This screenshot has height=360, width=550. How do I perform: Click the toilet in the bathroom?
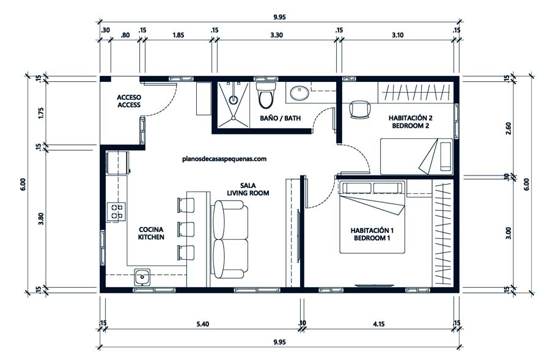tap(266, 95)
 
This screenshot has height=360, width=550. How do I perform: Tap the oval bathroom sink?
tap(299, 93)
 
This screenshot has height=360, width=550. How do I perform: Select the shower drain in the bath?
tap(233, 100)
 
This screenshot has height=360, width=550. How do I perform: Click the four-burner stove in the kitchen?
tap(116, 212)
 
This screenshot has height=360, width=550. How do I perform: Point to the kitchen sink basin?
tap(142, 277)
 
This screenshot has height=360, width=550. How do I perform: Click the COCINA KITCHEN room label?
tap(151, 233)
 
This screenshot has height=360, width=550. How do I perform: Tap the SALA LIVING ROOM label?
tap(248, 189)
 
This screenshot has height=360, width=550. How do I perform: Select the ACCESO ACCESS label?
tap(129, 101)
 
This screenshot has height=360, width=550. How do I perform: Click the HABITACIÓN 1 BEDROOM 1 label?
tap(372, 234)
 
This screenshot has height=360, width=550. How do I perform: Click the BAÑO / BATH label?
tap(280, 118)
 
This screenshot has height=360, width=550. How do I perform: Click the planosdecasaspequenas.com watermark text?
tap(224, 159)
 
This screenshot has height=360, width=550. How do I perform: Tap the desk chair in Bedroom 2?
tap(360, 109)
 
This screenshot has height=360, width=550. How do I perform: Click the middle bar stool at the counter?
tap(186, 229)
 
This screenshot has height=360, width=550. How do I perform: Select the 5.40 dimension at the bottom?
tap(203, 323)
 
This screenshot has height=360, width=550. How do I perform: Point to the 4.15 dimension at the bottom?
tap(378, 323)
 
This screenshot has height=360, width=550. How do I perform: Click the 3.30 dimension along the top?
tap(276, 35)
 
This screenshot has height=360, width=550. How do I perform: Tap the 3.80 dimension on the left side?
tap(41, 219)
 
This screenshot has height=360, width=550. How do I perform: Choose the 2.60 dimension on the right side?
tap(508, 128)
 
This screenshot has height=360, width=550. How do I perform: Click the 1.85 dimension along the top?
tap(178, 35)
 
